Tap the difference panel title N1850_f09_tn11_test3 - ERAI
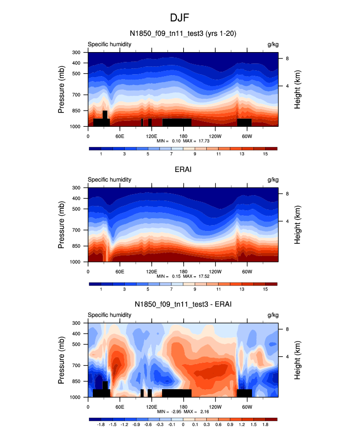(183, 305)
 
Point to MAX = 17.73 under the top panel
(197, 141)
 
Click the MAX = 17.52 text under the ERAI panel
(197, 276)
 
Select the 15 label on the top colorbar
(265, 154)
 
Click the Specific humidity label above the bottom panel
(110, 315)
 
